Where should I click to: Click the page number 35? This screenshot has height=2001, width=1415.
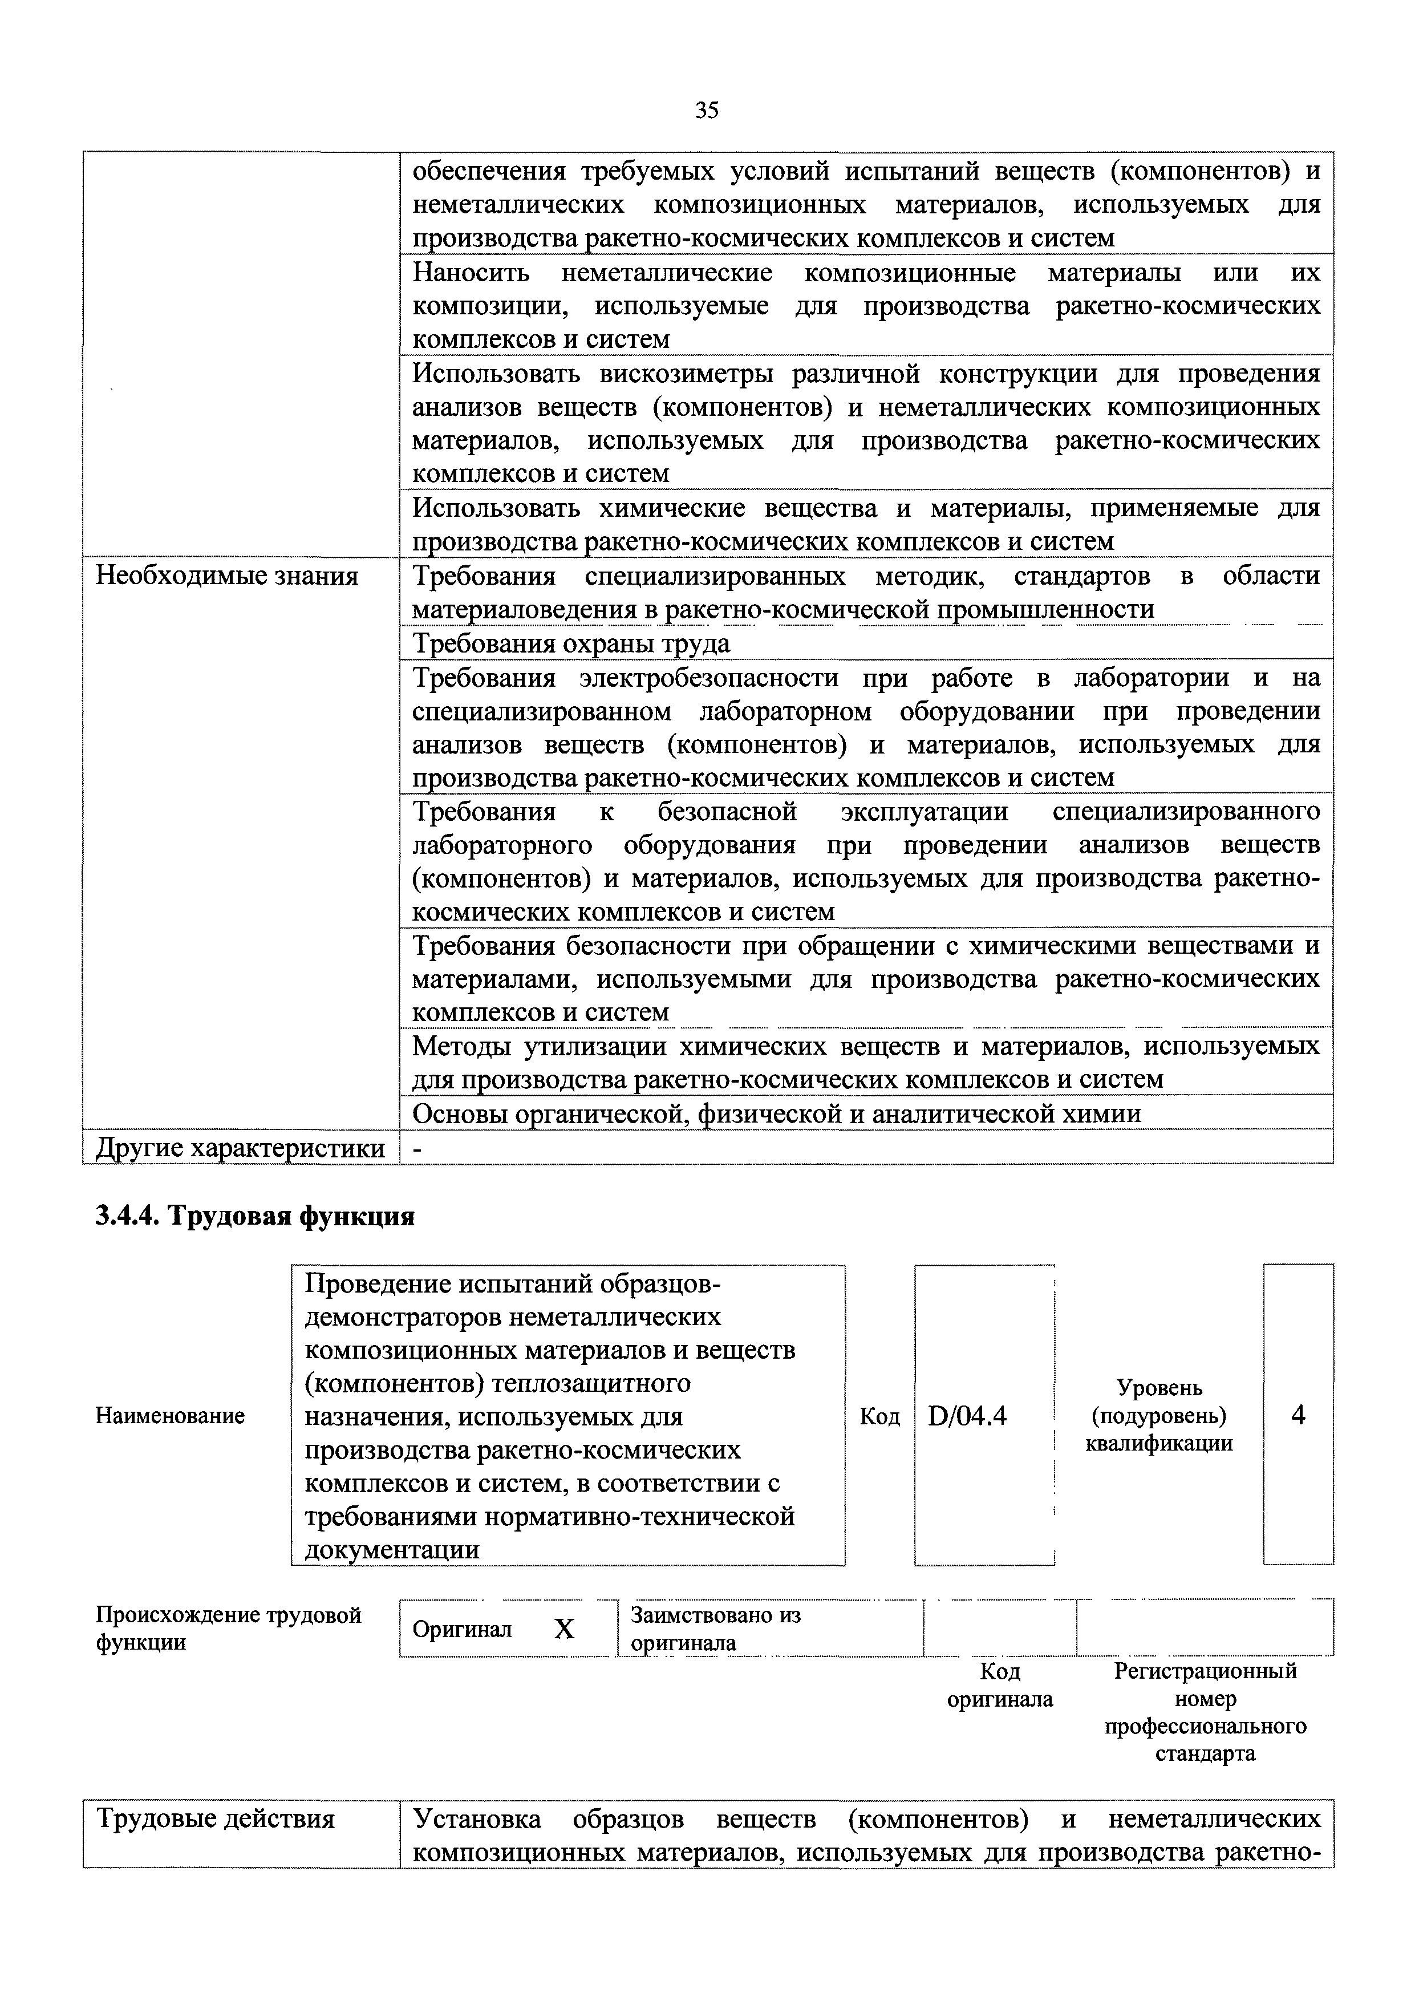click(707, 110)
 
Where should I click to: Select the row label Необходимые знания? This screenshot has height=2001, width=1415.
click(226, 576)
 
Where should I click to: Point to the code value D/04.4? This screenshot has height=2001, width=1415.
click(967, 1417)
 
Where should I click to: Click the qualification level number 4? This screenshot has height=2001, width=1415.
click(1298, 1416)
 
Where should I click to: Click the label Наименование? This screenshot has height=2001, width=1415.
click(170, 1417)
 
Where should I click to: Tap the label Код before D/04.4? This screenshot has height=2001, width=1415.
click(879, 1417)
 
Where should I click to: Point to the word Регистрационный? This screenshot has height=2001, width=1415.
click(1205, 1671)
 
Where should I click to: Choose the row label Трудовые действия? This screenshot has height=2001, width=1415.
click(214, 1820)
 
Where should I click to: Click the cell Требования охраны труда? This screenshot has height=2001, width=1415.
click(571, 644)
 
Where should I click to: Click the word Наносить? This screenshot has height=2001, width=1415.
click(471, 273)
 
